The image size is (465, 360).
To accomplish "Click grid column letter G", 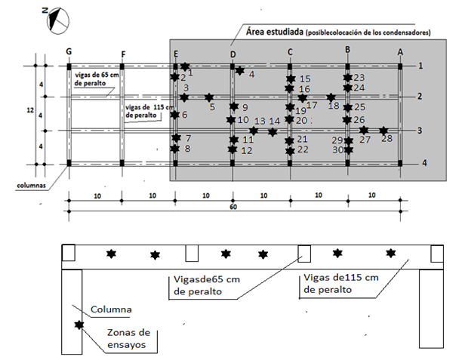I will click(69, 51).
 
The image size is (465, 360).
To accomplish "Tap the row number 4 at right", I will click(425, 163).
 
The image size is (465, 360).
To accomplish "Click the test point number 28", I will click(387, 138).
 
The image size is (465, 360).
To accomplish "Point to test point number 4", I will click(251, 74).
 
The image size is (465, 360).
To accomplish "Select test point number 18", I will click(334, 105).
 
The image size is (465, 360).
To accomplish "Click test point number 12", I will click(246, 150).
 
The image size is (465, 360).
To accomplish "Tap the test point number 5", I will click(213, 106).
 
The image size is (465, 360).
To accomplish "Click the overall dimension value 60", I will click(235, 206).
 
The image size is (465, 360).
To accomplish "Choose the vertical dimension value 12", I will click(30, 110).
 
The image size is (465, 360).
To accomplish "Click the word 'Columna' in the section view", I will click(111, 310).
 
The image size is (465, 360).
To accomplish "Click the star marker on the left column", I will click(79, 325).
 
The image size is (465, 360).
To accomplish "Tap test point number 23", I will click(359, 78).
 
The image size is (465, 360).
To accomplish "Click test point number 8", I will click(187, 149).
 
